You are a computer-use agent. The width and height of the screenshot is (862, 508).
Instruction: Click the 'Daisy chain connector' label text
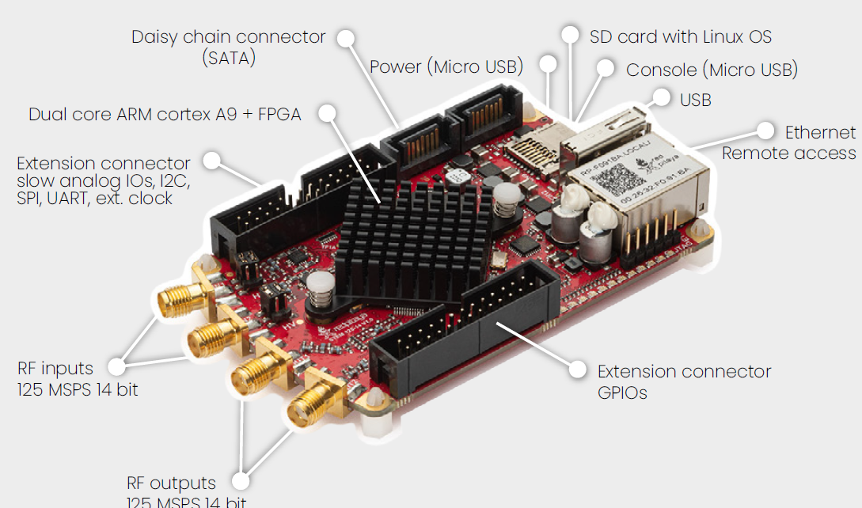(228, 37)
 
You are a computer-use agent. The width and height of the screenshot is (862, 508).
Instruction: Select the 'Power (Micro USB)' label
(446, 67)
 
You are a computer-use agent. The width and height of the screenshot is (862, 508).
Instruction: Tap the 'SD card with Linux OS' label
(680, 37)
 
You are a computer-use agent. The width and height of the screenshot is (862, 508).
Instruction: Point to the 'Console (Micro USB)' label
(712, 70)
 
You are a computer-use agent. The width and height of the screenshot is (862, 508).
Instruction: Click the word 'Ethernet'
(820, 132)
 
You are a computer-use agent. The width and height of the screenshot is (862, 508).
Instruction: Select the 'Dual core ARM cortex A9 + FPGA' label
(165, 115)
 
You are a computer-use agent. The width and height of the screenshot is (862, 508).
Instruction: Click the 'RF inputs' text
(55, 369)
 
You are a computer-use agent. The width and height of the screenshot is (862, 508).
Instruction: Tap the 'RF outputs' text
(171, 483)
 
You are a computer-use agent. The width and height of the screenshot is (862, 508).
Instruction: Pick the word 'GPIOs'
(622, 392)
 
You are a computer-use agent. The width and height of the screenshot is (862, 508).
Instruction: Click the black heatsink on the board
(396, 237)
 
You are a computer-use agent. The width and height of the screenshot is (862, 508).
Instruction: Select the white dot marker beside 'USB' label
(659, 98)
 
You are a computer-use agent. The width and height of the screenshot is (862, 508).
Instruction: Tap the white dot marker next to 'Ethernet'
(765, 131)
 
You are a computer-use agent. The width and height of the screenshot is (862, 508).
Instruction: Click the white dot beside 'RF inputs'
(117, 366)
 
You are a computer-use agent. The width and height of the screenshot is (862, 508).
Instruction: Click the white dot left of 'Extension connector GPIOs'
(579, 370)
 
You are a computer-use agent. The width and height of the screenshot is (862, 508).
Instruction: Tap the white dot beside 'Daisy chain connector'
(344, 37)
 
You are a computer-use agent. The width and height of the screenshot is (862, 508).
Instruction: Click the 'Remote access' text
(788, 154)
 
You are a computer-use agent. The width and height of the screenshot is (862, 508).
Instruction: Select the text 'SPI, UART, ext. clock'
(95, 199)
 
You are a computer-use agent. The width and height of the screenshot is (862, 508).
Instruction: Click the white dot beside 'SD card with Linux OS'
(570, 34)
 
